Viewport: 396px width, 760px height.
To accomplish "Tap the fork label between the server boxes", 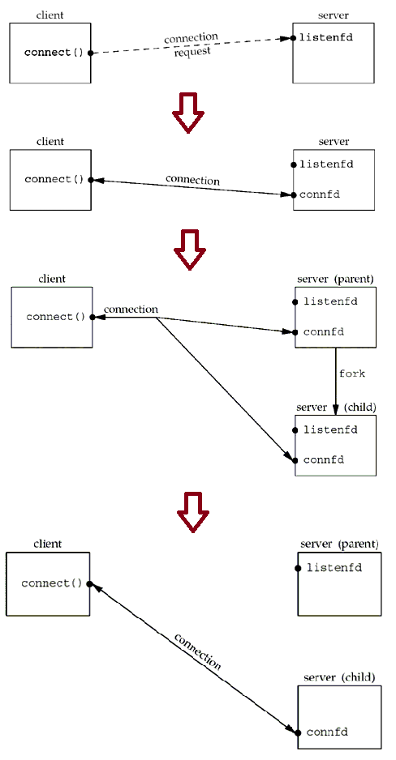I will (352, 374).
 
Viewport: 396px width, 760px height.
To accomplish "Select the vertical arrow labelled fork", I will (335, 374).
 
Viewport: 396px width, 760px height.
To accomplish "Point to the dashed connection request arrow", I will (191, 46).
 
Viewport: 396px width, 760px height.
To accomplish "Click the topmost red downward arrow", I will (188, 111).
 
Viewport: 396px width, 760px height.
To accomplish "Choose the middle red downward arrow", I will (190, 248).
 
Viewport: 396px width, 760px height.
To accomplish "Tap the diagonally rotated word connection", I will (197, 651).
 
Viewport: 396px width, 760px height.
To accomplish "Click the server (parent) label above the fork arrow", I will (335, 279).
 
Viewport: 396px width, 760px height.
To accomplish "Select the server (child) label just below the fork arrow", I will (335, 406).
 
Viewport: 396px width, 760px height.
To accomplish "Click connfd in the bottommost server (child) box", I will (327, 732).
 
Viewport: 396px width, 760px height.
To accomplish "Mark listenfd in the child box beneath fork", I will (330, 429).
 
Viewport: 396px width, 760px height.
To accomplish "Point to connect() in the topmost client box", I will (54, 53).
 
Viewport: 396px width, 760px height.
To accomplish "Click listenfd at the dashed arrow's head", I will (326, 37).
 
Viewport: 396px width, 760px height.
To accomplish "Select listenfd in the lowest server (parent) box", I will (334, 567).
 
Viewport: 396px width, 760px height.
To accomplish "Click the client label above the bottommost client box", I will (48, 544).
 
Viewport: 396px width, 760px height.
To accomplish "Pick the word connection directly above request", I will (191, 38).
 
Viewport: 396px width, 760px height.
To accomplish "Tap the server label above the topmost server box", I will (334, 16).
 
